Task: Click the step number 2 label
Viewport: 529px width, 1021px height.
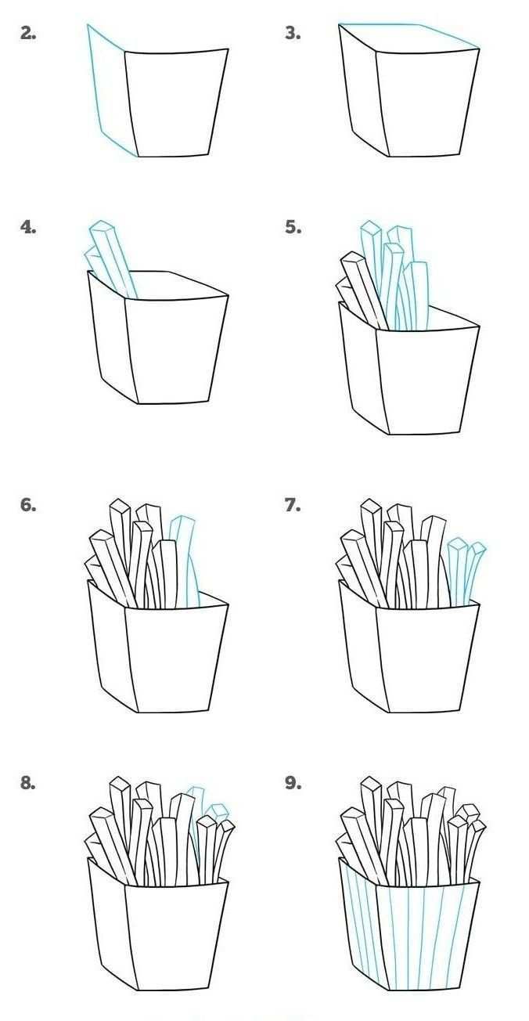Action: tap(28, 33)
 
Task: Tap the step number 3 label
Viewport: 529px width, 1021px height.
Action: tap(293, 33)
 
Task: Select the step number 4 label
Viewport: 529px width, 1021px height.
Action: tap(28, 226)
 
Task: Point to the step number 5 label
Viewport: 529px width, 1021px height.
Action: tap(293, 226)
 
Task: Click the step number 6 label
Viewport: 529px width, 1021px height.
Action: tap(28, 506)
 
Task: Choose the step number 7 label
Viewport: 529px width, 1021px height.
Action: tap(293, 506)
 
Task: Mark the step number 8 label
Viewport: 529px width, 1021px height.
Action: tap(28, 783)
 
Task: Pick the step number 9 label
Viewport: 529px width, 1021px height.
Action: tap(293, 783)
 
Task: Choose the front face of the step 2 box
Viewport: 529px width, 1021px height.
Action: tap(176, 103)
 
